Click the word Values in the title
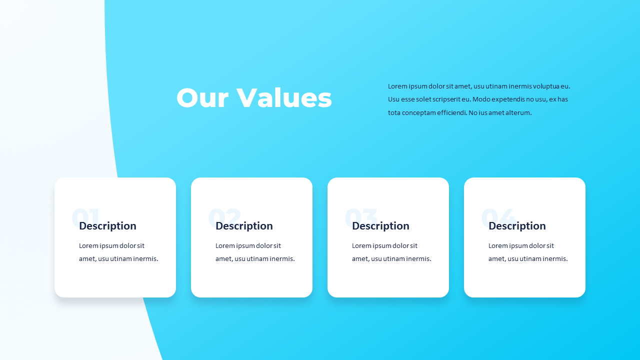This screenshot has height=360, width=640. coord(284,98)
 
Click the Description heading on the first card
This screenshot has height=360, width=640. coord(107,226)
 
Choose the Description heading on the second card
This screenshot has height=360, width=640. coord(244,226)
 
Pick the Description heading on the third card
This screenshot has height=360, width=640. coord(380,226)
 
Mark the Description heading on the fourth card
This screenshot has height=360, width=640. coord(517,226)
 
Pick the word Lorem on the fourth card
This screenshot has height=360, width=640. coord(498,246)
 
